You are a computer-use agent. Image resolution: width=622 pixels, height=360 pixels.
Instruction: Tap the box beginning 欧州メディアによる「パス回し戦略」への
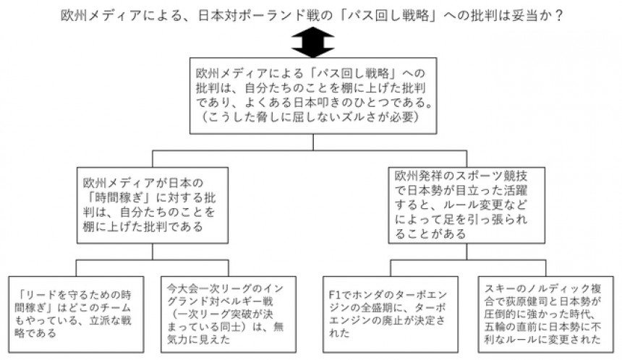312,96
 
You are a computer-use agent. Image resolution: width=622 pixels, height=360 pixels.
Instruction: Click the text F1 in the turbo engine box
333,295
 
